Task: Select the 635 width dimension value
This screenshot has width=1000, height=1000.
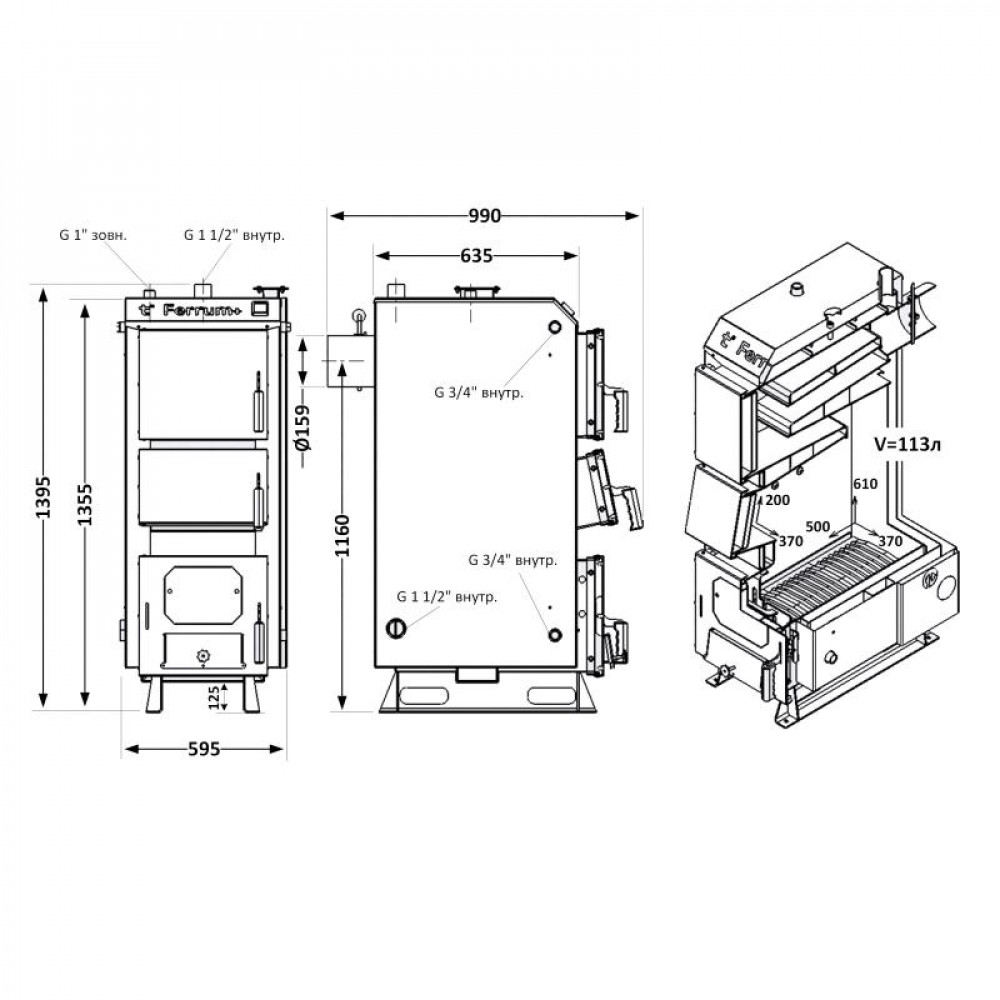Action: pos(477,256)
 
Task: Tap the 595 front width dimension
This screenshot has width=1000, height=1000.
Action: pos(203,749)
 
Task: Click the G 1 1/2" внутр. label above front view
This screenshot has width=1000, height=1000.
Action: pos(235,236)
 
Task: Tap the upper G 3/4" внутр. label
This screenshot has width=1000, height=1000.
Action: pos(478,393)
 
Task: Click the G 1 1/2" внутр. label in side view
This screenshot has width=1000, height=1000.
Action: pos(447,597)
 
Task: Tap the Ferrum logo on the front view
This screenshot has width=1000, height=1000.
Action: pos(203,309)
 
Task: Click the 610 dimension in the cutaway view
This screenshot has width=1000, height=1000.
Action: pos(865,484)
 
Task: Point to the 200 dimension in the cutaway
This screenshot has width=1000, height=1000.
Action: pos(777,498)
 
